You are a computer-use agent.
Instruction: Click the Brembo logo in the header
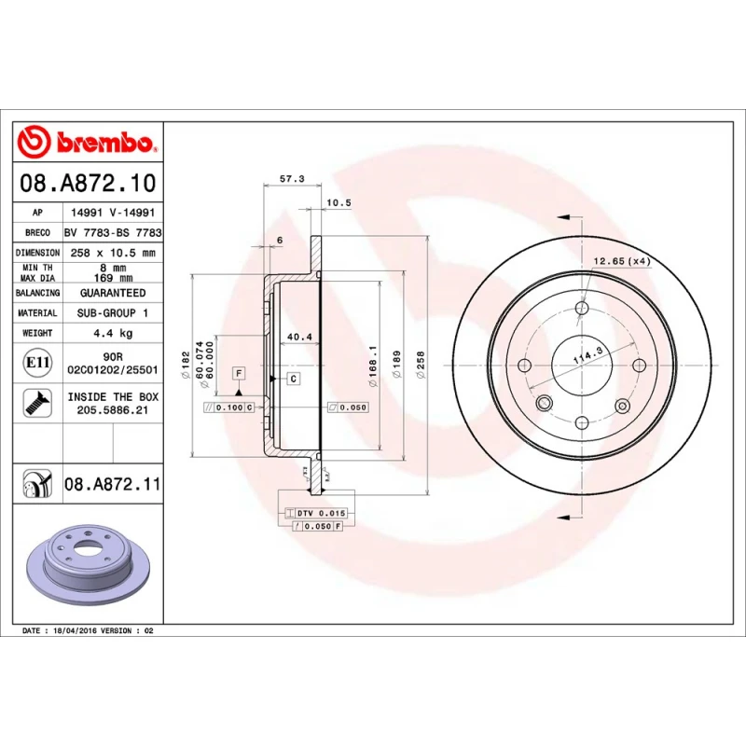tap(87, 142)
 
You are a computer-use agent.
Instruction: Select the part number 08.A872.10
tap(88, 183)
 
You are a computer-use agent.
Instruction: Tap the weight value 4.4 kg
tap(113, 333)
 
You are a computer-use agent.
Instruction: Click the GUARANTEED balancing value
tap(113, 293)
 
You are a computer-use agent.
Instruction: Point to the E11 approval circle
tap(37, 363)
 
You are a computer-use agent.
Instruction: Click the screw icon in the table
tap(37, 403)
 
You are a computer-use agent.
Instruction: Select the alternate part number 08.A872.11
tap(113, 484)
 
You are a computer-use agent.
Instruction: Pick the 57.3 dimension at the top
tap(292, 179)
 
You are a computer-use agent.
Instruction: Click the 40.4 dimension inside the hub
tap(299, 337)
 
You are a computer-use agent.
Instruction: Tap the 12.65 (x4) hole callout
tap(622, 261)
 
